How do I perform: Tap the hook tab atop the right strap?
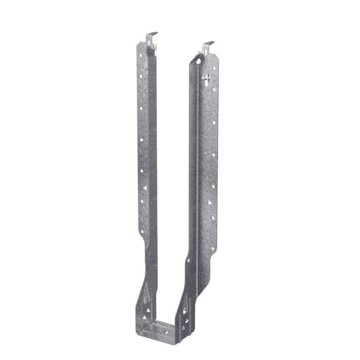click(x=208, y=46)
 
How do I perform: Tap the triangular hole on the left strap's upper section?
click(x=145, y=188)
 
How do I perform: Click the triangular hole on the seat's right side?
click(x=184, y=312)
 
